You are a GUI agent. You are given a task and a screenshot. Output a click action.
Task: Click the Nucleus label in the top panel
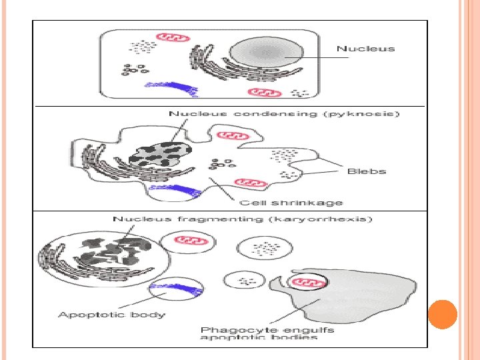365,48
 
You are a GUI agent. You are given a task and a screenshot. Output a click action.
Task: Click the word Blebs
367,171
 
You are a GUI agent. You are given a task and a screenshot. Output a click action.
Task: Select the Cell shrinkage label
291,203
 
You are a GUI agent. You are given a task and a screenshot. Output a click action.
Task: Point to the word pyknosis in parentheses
371,114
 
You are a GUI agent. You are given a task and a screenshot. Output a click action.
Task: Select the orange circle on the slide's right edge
442,314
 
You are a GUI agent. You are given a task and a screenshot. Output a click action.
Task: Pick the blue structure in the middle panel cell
175,193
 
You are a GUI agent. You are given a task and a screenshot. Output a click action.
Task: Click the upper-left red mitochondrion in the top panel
167,37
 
